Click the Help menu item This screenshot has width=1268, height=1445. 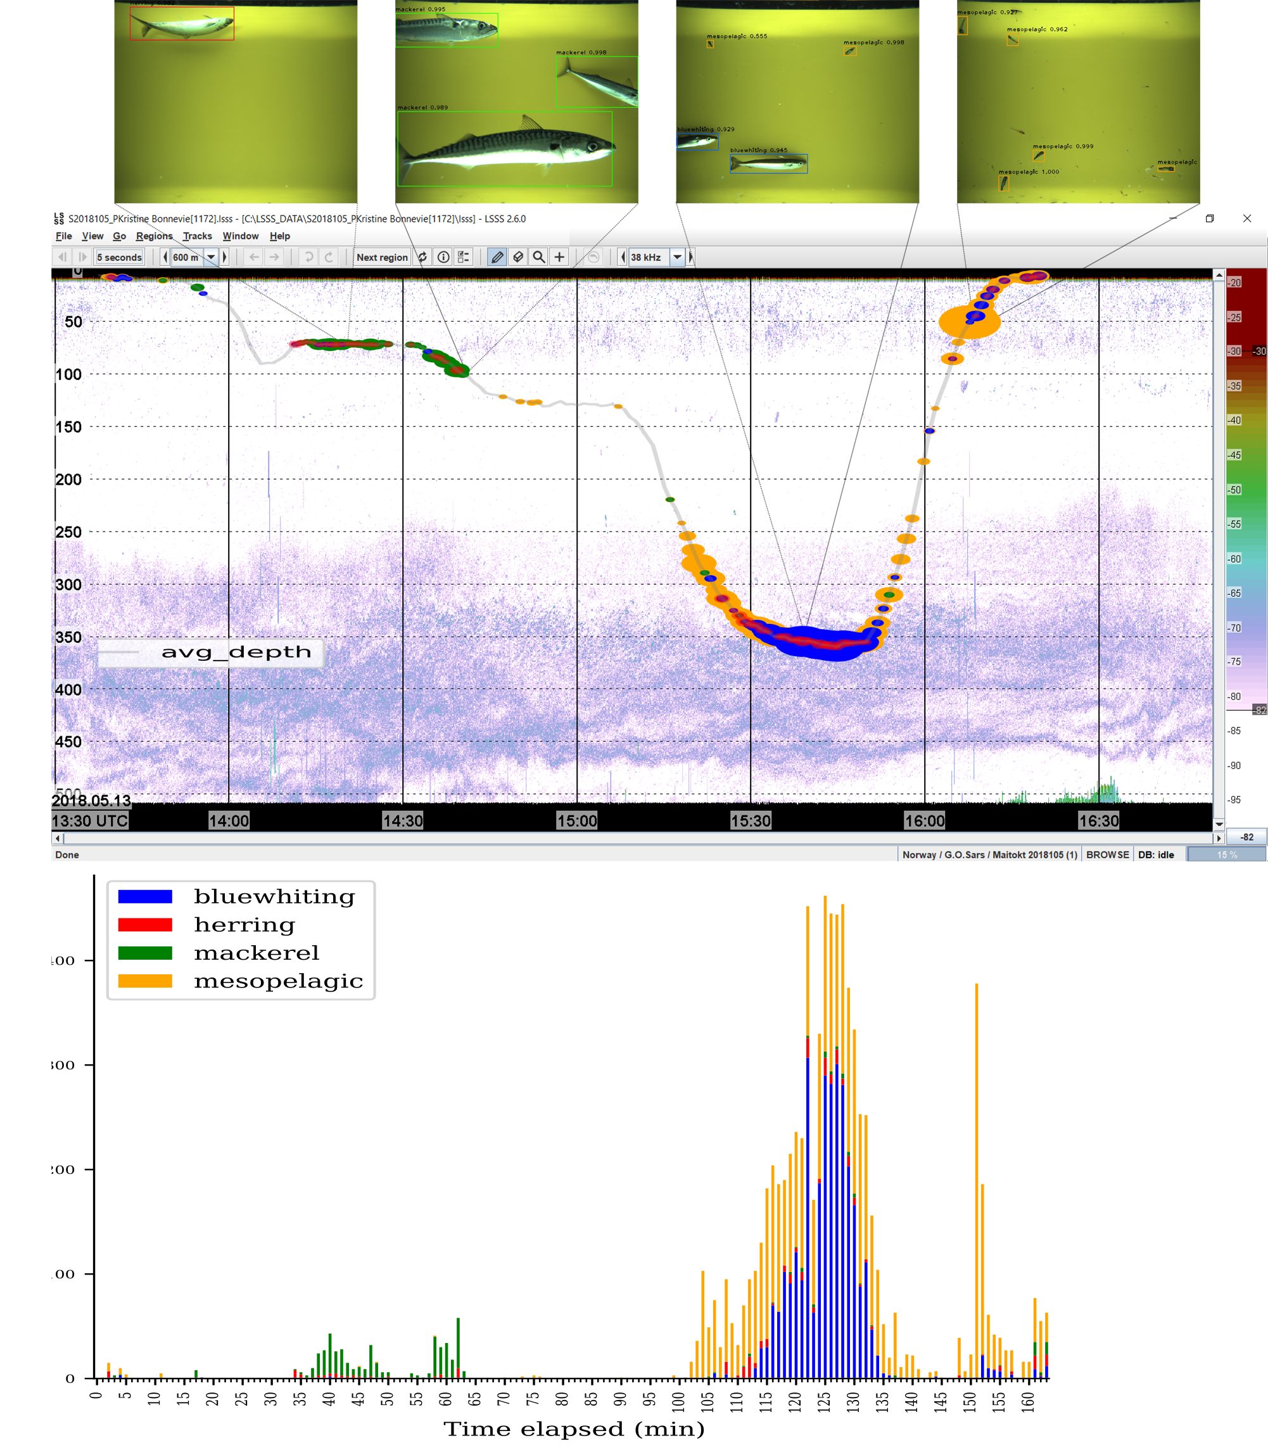279,236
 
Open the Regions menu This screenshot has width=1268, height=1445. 154,236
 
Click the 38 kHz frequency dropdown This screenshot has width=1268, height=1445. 676,257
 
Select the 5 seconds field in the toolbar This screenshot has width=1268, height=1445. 120,257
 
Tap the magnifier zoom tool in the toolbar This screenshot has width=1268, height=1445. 538,257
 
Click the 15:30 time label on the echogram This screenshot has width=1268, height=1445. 750,821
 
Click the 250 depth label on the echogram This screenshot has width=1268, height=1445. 68,532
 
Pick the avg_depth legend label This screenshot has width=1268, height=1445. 236,652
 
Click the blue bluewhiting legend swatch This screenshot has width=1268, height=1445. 145,896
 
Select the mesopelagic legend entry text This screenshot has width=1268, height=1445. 279,981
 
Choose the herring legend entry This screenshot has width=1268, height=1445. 244,925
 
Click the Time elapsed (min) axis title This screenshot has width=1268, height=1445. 574,1429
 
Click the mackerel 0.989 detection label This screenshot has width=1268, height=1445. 422,108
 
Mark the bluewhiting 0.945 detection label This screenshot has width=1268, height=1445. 758,150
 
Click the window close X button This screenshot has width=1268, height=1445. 1247,219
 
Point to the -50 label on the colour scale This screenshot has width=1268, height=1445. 1234,490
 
